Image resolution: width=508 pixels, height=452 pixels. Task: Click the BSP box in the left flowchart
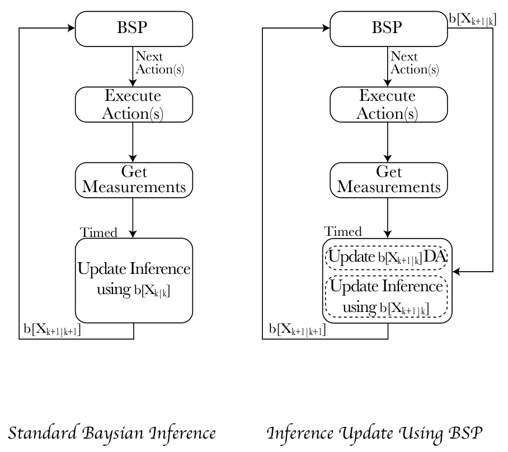(x=134, y=29)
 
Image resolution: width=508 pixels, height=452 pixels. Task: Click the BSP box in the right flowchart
(x=388, y=29)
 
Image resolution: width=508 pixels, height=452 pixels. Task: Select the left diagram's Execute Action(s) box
(x=134, y=104)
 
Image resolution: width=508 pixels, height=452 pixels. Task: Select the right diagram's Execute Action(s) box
(x=388, y=104)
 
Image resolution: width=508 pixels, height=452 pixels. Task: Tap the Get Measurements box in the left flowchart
(x=134, y=180)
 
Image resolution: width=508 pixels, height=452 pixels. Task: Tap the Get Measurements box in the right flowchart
(x=388, y=180)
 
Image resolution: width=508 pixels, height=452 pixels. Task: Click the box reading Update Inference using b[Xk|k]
(x=134, y=281)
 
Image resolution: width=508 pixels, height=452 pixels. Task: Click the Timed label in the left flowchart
(x=98, y=232)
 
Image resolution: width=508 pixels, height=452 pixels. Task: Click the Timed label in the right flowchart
(x=343, y=231)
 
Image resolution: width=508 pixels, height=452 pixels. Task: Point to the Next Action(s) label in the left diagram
(x=159, y=63)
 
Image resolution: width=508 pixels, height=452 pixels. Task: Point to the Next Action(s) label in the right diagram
(x=415, y=63)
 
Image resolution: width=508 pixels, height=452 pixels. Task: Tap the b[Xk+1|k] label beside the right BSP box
(x=472, y=20)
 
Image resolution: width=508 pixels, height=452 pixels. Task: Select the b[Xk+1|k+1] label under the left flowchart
(x=52, y=329)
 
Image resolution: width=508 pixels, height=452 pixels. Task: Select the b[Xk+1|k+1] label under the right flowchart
(x=297, y=329)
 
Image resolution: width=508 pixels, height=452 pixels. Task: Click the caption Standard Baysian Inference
(x=112, y=433)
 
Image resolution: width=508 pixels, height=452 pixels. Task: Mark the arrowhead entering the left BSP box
(x=71, y=28)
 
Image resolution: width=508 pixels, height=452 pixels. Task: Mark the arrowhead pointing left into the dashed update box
(x=456, y=272)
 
